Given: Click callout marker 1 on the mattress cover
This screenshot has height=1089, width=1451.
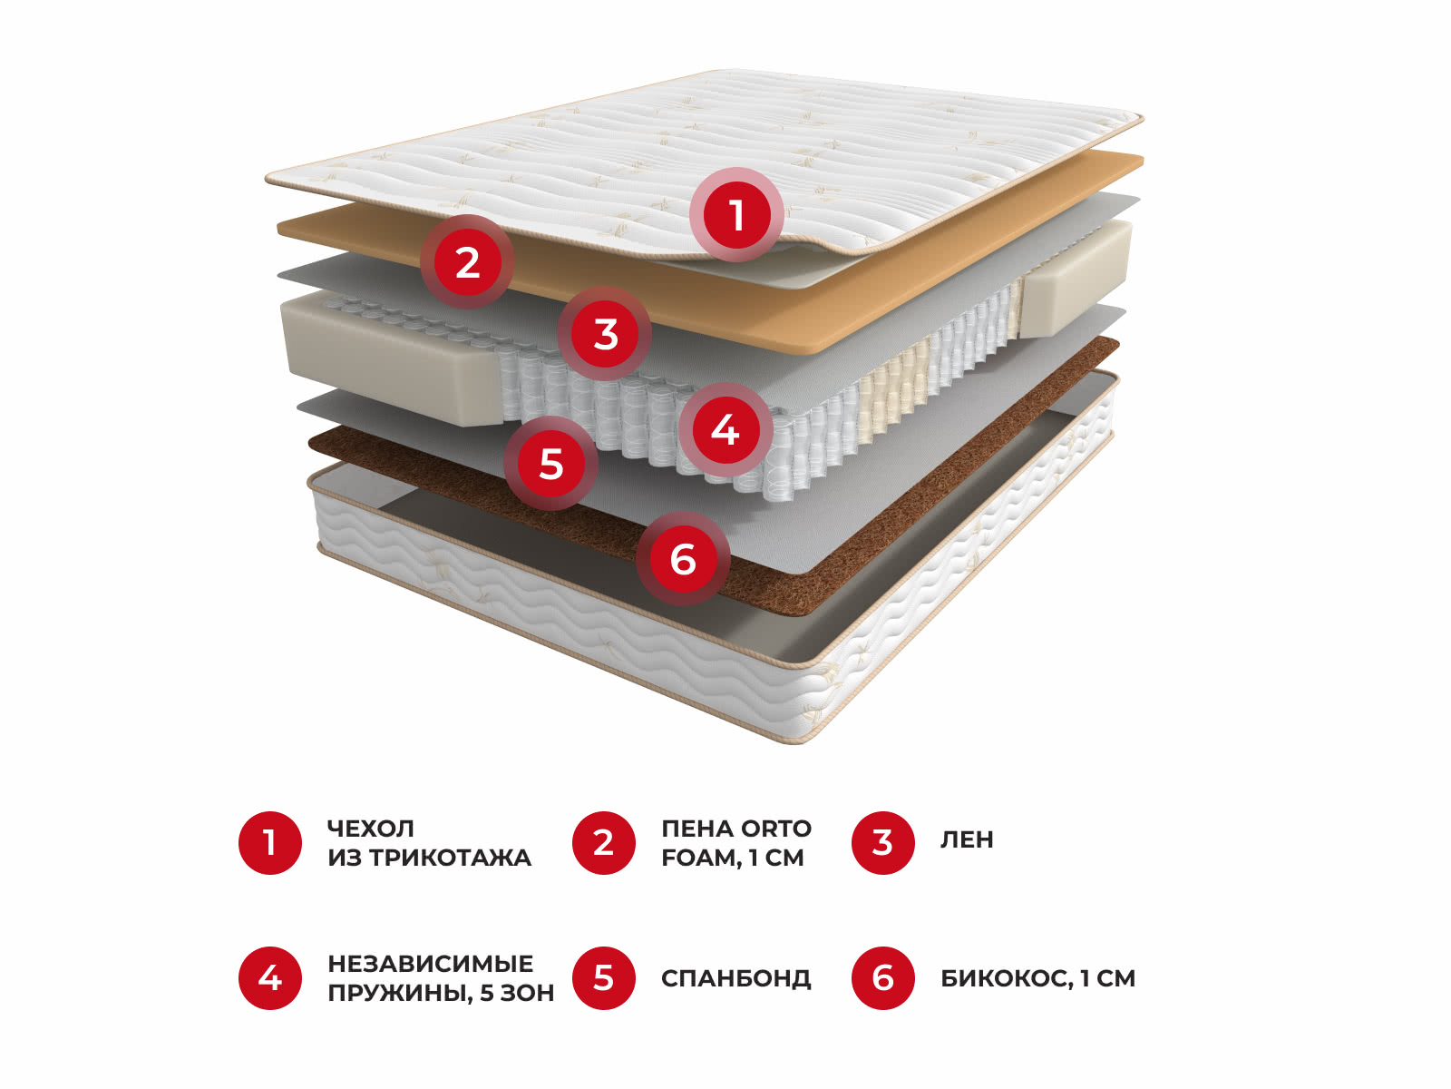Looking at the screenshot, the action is pyautogui.click(x=736, y=215).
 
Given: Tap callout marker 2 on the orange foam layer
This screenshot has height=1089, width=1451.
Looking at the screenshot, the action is pyautogui.click(x=467, y=262).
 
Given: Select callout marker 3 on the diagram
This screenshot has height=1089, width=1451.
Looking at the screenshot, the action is pyautogui.click(x=604, y=333).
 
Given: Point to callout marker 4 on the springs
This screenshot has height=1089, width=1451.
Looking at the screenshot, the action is pyautogui.click(x=725, y=430).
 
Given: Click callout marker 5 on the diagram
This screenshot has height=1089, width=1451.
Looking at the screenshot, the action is pyautogui.click(x=550, y=463).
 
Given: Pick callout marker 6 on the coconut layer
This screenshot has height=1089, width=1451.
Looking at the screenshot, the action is pyautogui.click(x=683, y=559).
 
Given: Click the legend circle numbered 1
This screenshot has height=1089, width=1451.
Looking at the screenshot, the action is pyautogui.click(x=269, y=843).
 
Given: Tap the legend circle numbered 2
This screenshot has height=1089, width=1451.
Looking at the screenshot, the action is pyautogui.click(x=604, y=843).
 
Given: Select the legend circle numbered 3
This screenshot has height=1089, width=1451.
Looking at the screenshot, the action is pyautogui.click(x=883, y=843).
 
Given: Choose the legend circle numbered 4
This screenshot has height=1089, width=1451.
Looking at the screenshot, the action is pyautogui.click(x=269, y=978).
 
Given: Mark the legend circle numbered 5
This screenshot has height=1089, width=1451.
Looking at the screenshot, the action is pyautogui.click(x=604, y=978).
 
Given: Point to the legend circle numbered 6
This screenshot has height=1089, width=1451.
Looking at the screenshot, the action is pyautogui.click(x=883, y=978).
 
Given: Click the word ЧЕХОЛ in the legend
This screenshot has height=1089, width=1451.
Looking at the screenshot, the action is pyautogui.click(x=371, y=829).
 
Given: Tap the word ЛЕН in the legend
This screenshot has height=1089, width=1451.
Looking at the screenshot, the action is pyautogui.click(x=967, y=839).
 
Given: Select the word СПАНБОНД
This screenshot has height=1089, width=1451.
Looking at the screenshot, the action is pyautogui.click(x=735, y=978).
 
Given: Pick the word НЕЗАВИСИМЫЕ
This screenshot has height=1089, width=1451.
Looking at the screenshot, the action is pyautogui.click(x=431, y=964).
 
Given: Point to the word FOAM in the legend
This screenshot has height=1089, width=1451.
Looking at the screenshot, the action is pyautogui.click(x=701, y=858).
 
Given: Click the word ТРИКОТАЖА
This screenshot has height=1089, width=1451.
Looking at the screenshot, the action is pyautogui.click(x=450, y=858).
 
